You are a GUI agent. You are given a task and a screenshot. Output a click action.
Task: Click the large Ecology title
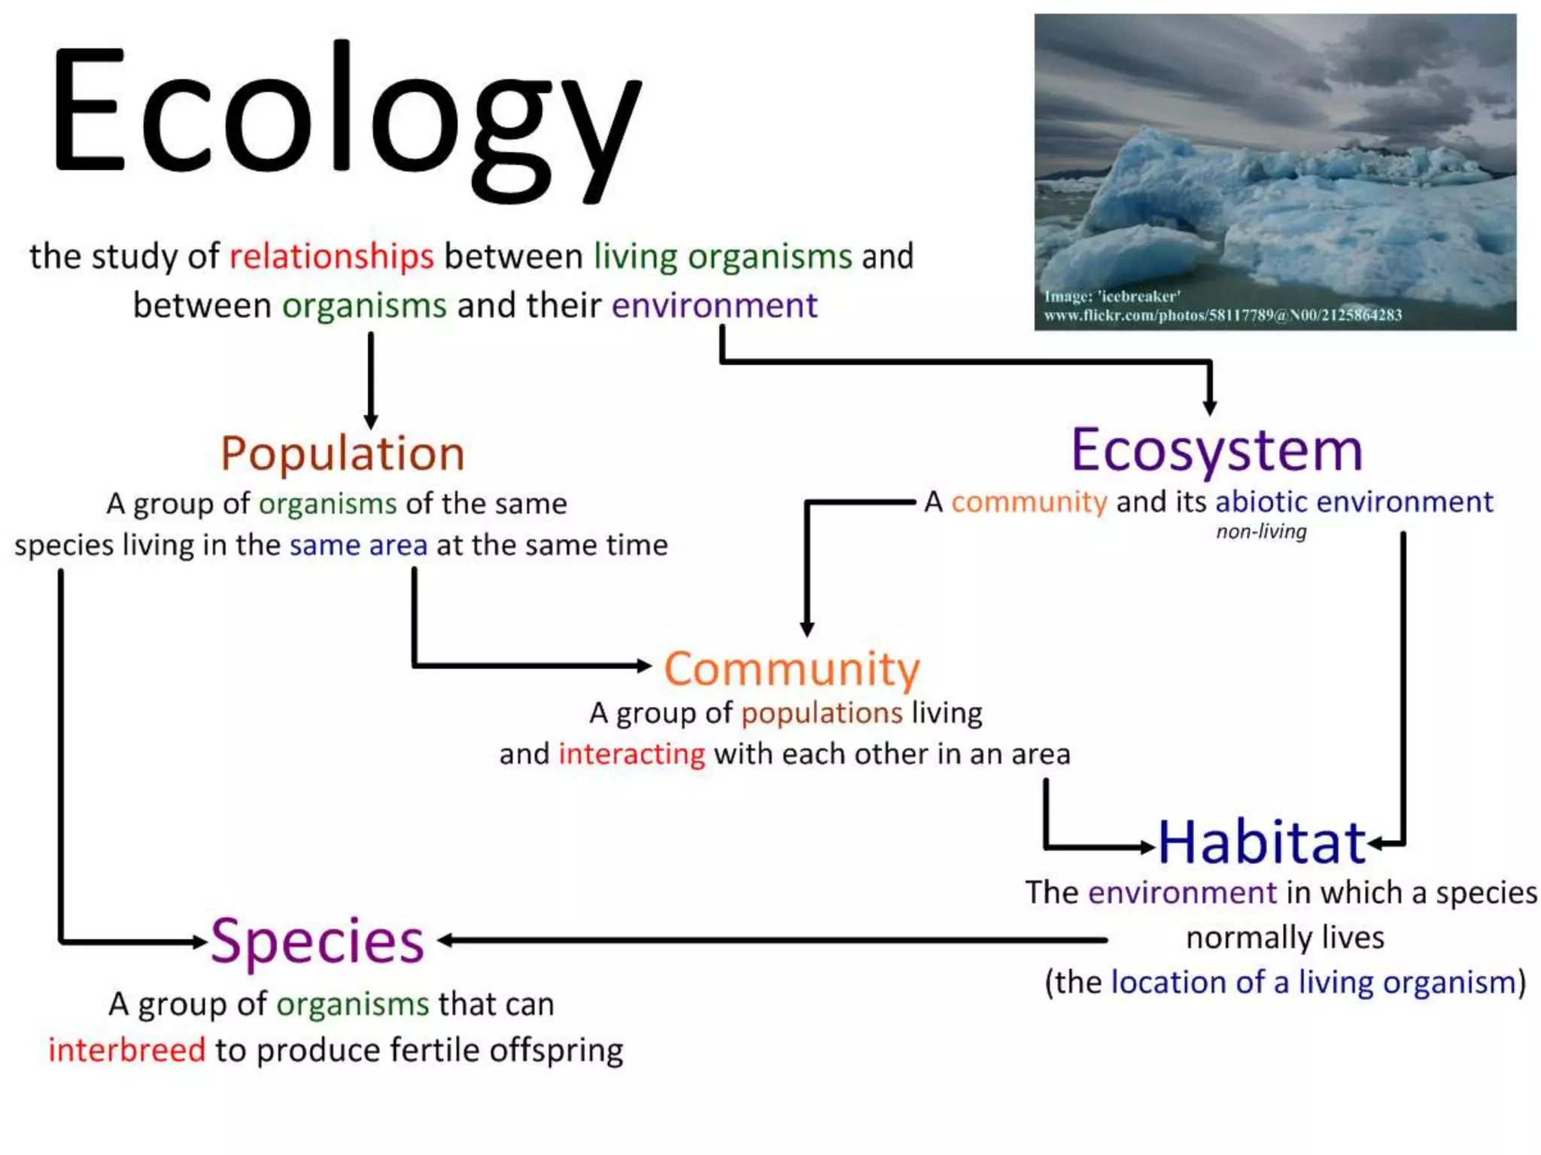[346, 120]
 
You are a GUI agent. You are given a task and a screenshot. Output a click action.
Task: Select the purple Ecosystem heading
[1217, 450]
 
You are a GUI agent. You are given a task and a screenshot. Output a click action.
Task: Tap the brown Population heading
[342, 453]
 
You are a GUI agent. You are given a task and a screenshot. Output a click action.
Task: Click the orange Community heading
[792, 668]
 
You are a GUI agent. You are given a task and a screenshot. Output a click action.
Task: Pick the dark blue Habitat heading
[1261, 842]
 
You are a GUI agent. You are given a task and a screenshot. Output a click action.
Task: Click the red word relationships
[331, 256]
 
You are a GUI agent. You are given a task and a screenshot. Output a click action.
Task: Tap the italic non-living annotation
[1261, 532]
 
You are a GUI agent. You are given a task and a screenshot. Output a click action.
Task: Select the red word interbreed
[126, 1050]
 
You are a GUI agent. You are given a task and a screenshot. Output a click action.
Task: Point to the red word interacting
[631, 753]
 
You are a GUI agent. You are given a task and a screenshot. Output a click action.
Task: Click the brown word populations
[822, 712]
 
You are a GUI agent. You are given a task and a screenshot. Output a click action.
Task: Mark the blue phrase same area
[358, 544]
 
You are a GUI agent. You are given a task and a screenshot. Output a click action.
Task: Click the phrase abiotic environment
[1354, 502]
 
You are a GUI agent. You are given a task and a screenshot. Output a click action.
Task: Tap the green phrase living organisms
[722, 256]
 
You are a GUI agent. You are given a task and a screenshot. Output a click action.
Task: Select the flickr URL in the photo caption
[1223, 315]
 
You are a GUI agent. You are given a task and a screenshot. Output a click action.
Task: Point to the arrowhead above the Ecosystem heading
[1210, 407]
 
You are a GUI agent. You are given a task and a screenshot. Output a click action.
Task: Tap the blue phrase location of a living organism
[1313, 982]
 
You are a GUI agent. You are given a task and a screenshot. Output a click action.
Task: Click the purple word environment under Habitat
[1182, 893]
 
